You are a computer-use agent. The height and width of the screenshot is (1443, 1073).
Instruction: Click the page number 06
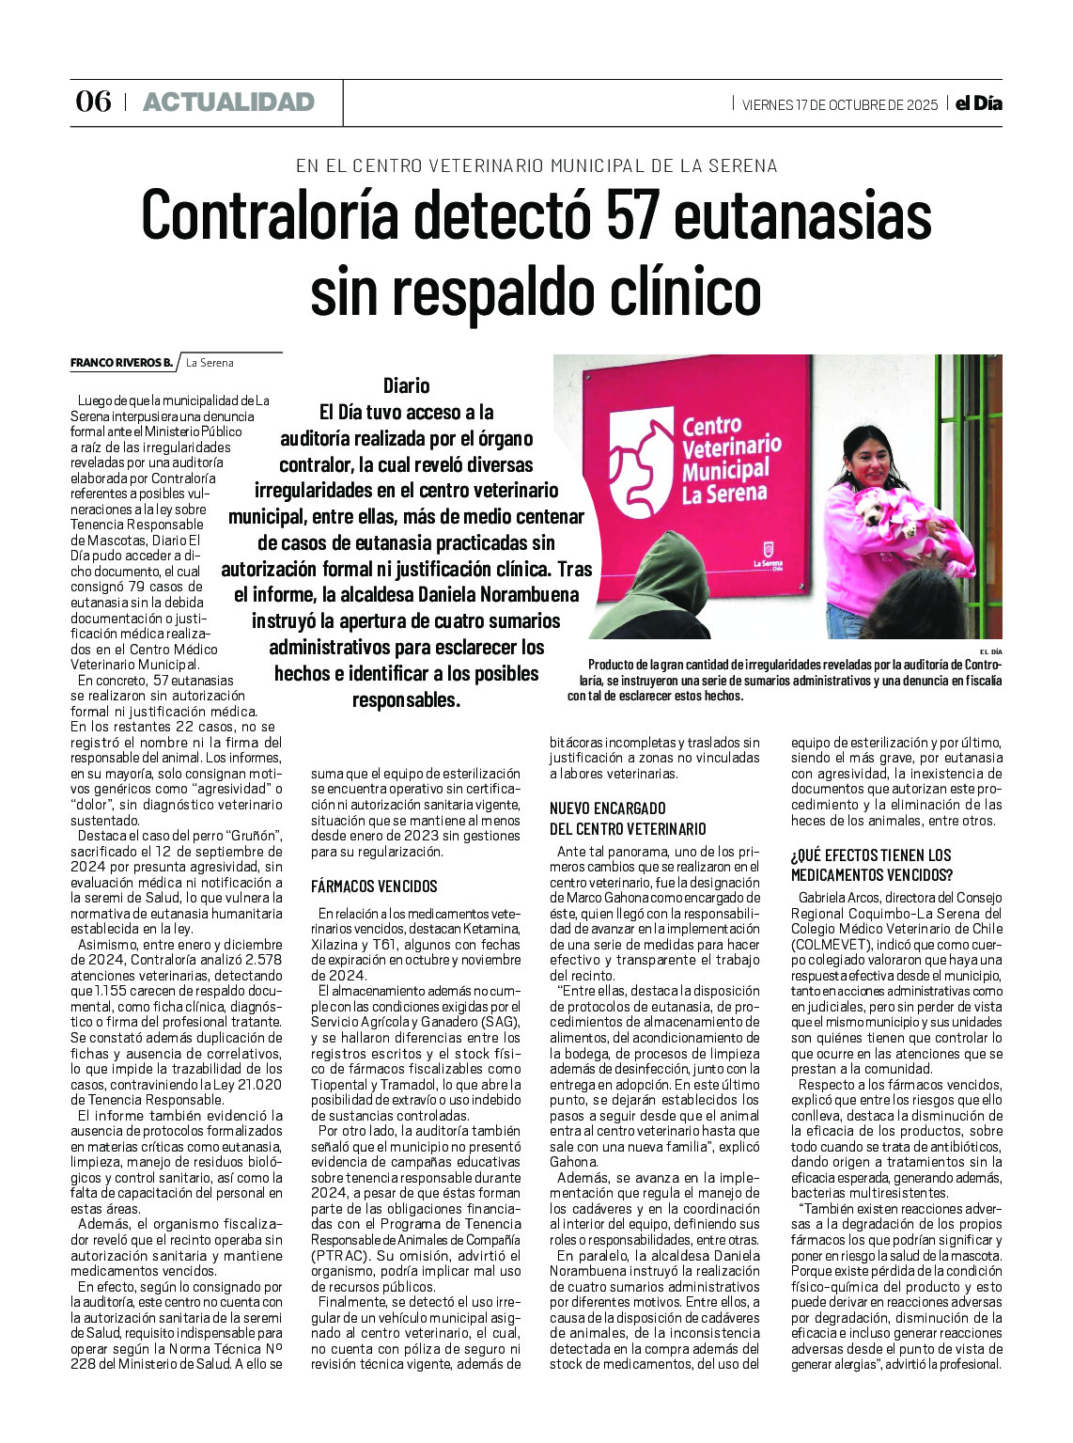pyautogui.click(x=93, y=102)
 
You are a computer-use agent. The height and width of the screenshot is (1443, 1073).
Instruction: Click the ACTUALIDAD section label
pyautogui.click(x=228, y=102)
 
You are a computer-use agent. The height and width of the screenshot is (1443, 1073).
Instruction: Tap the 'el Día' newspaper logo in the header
pyautogui.click(x=978, y=103)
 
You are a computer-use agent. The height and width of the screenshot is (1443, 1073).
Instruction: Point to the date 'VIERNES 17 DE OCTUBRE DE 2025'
pyautogui.click(x=839, y=104)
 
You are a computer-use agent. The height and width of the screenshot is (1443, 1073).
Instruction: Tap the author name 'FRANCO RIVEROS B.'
pyautogui.click(x=121, y=363)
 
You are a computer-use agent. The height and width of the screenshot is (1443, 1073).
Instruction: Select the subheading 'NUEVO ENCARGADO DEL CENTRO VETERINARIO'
pyautogui.click(x=628, y=819)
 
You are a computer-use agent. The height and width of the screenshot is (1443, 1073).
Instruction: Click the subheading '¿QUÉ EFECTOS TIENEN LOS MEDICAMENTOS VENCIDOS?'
pyautogui.click(x=871, y=865)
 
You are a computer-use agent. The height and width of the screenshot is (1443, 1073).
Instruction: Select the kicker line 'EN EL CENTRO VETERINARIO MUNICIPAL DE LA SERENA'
pyautogui.click(x=536, y=166)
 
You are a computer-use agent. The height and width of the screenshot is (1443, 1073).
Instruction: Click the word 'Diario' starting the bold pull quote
pyautogui.click(x=406, y=385)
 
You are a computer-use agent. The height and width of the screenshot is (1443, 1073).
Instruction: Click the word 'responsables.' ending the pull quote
pyautogui.click(x=406, y=700)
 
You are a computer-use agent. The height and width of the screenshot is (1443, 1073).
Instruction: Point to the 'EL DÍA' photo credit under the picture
pyautogui.click(x=990, y=651)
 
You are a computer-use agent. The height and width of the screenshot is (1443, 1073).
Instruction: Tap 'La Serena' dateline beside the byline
pyautogui.click(x=210, y=363)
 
